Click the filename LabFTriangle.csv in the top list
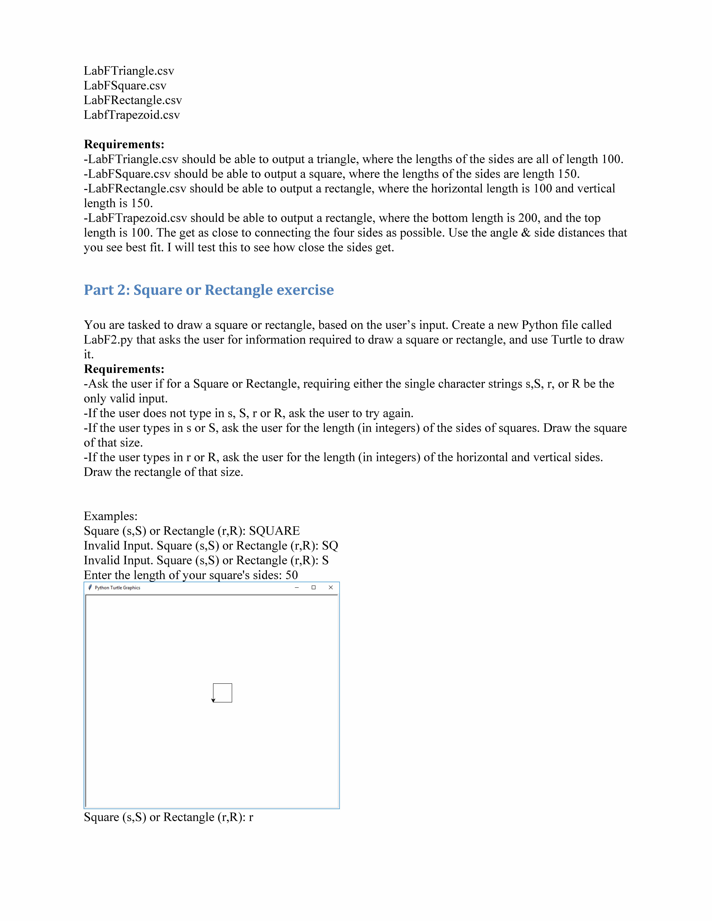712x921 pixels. (x=129, y=71)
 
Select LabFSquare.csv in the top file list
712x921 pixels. (x=125, y=86)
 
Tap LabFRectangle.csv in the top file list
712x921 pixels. (x=132, y=100)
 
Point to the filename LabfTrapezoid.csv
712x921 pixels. (x=132, y=115)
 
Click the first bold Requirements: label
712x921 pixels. (x=124, y=144)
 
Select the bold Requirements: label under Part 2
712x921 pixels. (x=124, y=369)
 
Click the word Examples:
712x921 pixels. (x=110, y=516)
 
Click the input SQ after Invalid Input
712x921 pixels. (x=330, y=546)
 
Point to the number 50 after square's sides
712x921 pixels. (x=291, y=575)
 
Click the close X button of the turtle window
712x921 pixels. (x=331, y=587)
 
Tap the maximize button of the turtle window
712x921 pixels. (x=313, y=587)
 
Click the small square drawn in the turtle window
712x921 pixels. (x=223, y=693)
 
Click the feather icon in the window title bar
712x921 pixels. (x=90, y=587)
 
